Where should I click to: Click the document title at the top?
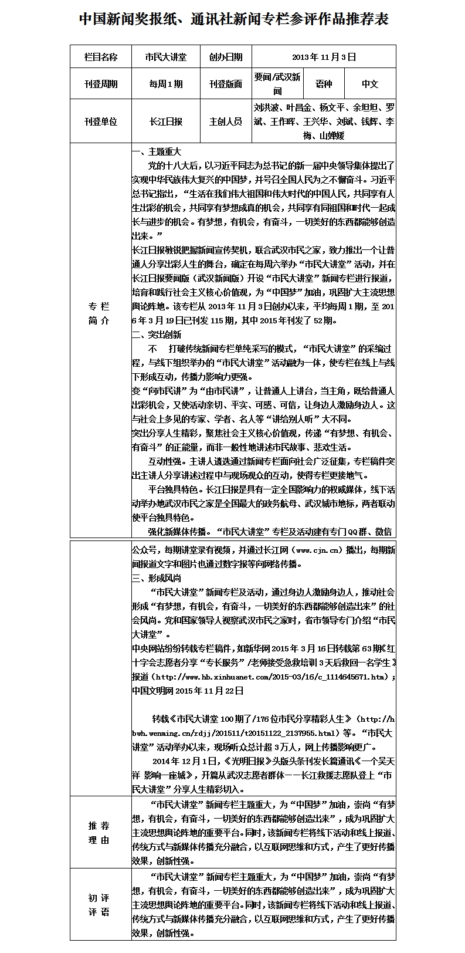(x=233, y=19)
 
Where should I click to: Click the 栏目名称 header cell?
(x=100, y=57)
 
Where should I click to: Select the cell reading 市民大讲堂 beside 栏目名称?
(x=166, y=57)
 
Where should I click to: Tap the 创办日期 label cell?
(x=225, y=57)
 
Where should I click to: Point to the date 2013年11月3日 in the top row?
(x=323, y=57)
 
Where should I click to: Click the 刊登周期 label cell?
(x=100, y=84)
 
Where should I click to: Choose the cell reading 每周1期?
(x=166, y=84)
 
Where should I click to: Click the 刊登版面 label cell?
(x=225, y=84)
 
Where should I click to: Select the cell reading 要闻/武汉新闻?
(x=277, y=84)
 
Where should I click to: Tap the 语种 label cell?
(x=323, y=84)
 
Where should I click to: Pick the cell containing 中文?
(x=370, y=84)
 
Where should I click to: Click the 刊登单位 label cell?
(x=100, y=121)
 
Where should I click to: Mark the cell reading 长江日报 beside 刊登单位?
(x=166, y=121)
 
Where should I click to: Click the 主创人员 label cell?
(x=225, y=121)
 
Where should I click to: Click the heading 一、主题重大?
(x=157, y=152)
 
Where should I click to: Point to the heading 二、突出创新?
(x=157, y=335)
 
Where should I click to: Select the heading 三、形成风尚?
(x=157, y=578)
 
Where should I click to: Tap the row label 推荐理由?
(x=99, y=833)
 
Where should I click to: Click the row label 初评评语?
(x=99, y=905)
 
